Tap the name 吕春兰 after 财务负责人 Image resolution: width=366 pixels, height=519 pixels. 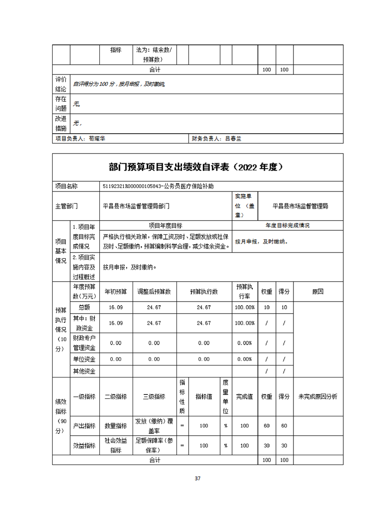233,138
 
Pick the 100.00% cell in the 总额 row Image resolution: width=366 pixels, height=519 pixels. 244,307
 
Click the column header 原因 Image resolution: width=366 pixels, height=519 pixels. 318,292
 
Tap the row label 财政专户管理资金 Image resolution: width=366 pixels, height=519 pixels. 85,343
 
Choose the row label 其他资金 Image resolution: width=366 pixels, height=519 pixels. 85,371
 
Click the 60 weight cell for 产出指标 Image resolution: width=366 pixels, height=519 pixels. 267,426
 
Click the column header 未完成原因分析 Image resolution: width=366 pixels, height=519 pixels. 318,396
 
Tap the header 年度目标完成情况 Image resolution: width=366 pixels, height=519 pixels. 287,226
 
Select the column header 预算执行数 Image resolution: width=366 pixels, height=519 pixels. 204,292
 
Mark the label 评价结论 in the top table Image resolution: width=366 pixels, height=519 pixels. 61,84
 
